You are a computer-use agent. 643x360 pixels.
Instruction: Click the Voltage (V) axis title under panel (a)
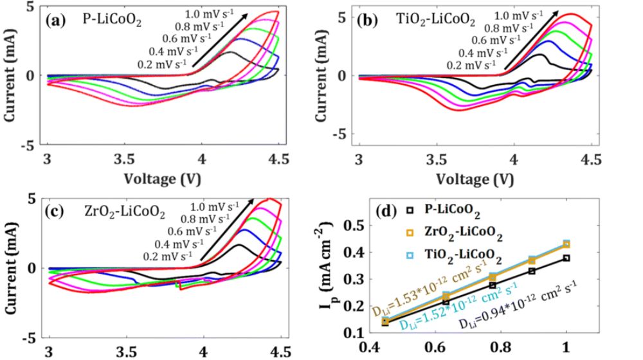(x=163, y=175)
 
